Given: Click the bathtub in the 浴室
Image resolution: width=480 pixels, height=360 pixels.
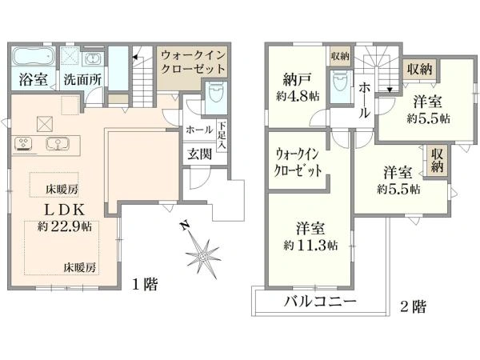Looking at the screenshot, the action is coord(34,56).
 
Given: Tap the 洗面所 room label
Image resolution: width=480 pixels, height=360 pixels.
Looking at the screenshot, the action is coord(82,79).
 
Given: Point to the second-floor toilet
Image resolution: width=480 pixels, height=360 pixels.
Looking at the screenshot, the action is coord(339,81).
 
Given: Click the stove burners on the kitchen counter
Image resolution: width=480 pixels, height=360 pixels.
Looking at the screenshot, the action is coord(23,144).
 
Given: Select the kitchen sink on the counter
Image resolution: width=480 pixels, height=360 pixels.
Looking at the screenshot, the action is coord(58,144).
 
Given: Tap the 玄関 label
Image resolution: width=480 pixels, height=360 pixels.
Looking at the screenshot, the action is coord(199,154).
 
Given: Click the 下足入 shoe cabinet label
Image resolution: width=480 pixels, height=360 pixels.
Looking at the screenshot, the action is coord(222,135).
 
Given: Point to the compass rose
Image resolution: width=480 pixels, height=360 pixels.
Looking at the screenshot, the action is coord(202,254).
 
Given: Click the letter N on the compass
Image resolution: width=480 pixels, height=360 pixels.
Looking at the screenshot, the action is coord(184,226).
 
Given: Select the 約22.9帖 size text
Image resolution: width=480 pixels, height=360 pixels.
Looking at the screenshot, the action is coord(65,227).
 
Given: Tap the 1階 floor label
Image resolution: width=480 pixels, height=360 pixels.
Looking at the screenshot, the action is coord(145,284).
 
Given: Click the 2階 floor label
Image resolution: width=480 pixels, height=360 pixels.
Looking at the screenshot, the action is coord(414,306).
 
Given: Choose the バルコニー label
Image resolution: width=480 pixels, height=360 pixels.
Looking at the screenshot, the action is coord(320,302).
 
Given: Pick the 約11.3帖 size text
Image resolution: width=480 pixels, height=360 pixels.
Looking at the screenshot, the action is coord(311,246).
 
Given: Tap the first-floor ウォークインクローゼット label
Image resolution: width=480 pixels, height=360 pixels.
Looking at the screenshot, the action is coord(193,62).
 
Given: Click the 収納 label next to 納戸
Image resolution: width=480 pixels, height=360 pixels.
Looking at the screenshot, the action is coord(340,56).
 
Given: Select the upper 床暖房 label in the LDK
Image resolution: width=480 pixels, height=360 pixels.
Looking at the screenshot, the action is coord(62,190).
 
